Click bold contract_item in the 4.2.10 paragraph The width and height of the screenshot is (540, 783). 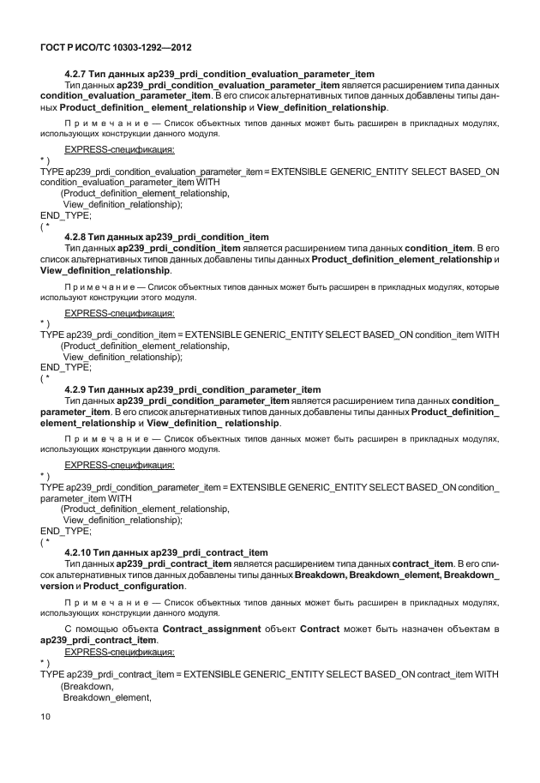[x=421, y=563]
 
